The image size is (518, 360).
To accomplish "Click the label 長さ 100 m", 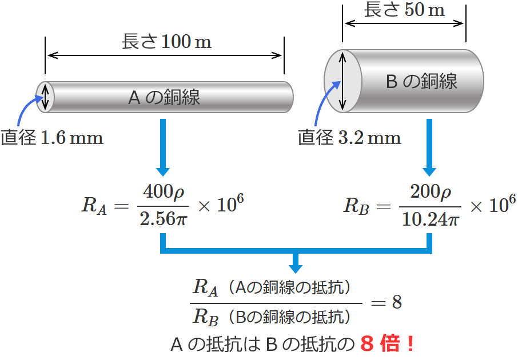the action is [x=166, y=42].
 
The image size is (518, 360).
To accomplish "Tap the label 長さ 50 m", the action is [x=404, y=9].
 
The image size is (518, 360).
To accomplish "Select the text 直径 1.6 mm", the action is [x=52, y=137].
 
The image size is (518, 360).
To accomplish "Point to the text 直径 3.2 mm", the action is [x=349, y=137].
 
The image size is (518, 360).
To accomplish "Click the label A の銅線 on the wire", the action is [x=164, y=97].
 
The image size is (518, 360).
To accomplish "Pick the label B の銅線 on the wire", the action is [x=421, y=81].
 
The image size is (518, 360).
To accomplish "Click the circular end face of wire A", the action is [x=45, y=97].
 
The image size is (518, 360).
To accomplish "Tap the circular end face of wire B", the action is [x=343, y=81].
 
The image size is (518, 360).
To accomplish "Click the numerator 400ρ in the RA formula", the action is [x=164, y=191].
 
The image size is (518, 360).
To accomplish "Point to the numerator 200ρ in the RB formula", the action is [x=431, y=191].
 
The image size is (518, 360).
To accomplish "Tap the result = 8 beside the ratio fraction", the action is [x=386, y=302].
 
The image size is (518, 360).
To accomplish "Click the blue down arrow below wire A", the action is [x=163, y=147].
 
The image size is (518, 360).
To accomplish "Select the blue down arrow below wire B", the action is [x=429, y=147].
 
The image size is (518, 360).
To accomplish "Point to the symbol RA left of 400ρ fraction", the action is [x=94, y=206].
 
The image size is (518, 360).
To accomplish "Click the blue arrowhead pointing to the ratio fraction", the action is [x=296, y=268].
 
